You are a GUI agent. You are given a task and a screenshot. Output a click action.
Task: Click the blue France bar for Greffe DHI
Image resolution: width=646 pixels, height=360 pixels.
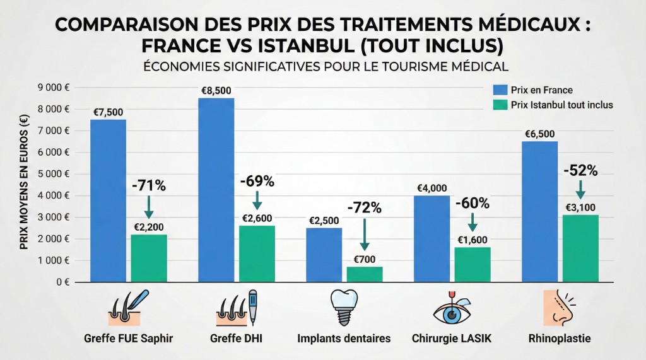(x=216, y=189)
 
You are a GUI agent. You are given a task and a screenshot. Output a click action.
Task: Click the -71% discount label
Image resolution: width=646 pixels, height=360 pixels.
(x=148, y=186)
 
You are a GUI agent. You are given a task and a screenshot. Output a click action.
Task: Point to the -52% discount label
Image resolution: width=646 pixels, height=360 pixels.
(x=580, y=171)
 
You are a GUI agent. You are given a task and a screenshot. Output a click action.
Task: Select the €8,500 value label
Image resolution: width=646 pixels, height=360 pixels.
(x=216, y=90)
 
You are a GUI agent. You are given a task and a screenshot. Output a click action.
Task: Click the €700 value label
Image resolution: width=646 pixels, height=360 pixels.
(x=365, y=258)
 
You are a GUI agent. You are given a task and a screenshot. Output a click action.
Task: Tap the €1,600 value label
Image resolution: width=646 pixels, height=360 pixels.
(x=472, y=239)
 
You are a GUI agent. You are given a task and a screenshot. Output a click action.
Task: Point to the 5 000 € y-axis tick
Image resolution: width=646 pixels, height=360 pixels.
(x=54, y=174)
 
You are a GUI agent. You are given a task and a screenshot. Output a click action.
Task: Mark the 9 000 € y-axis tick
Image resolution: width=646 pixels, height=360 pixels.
(x=54, y=88)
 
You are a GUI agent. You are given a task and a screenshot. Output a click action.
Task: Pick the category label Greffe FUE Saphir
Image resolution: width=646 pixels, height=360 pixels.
(x=128, y=339)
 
